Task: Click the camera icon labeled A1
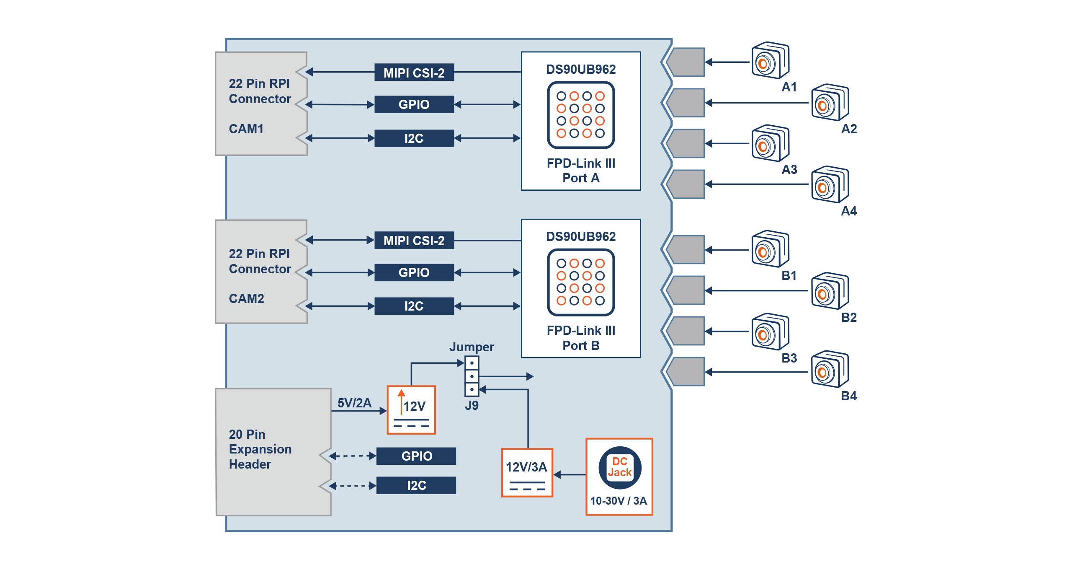pos(770,60)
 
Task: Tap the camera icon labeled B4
pos(830,369)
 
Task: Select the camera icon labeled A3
pos(770,143)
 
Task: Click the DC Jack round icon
pos(619,467)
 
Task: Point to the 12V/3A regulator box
pos(527,473)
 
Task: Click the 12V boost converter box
pos(411,410)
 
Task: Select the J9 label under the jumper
pos(472,405)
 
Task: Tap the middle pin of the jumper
pos(472,376)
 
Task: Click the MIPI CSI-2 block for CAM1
pos(414,73)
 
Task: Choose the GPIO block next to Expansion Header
pos(416,456)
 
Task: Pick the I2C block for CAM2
pos(414,306)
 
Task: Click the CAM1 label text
pos(246,129)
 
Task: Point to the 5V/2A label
pos(354,403)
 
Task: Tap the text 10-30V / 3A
pos(618,500)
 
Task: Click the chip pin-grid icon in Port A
pos(580,115)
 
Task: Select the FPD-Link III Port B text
pos(580,338)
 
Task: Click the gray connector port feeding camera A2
pos(685,103)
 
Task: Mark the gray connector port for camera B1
pos(685,250)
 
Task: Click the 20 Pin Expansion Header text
pos(260,449)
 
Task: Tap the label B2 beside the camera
pos(849,317)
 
